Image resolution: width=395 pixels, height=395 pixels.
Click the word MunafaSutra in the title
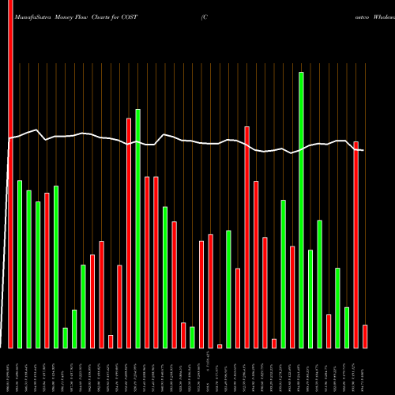(x=29, y=16)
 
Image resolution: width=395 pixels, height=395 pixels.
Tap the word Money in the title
(x=68, y=16)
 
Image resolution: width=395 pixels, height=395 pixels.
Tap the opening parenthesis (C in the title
(x=205, y=16)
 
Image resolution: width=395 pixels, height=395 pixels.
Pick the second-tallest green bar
(x=137, y=228)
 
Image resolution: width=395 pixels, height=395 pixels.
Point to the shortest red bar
(x=220, y=346)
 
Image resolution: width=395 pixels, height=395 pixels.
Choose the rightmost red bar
(x=365, y=336)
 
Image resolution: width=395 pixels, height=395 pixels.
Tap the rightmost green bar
(x=347, y=327)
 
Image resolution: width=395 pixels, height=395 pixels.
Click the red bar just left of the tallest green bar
(x=292, y=297)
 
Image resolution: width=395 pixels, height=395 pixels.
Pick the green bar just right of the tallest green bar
(x=310, y=299)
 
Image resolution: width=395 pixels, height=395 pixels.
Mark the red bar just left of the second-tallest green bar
(x=129, y=233)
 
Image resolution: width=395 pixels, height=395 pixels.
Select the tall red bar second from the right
(x=356, y=245)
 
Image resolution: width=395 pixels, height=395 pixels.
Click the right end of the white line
(x=361, y=148)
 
